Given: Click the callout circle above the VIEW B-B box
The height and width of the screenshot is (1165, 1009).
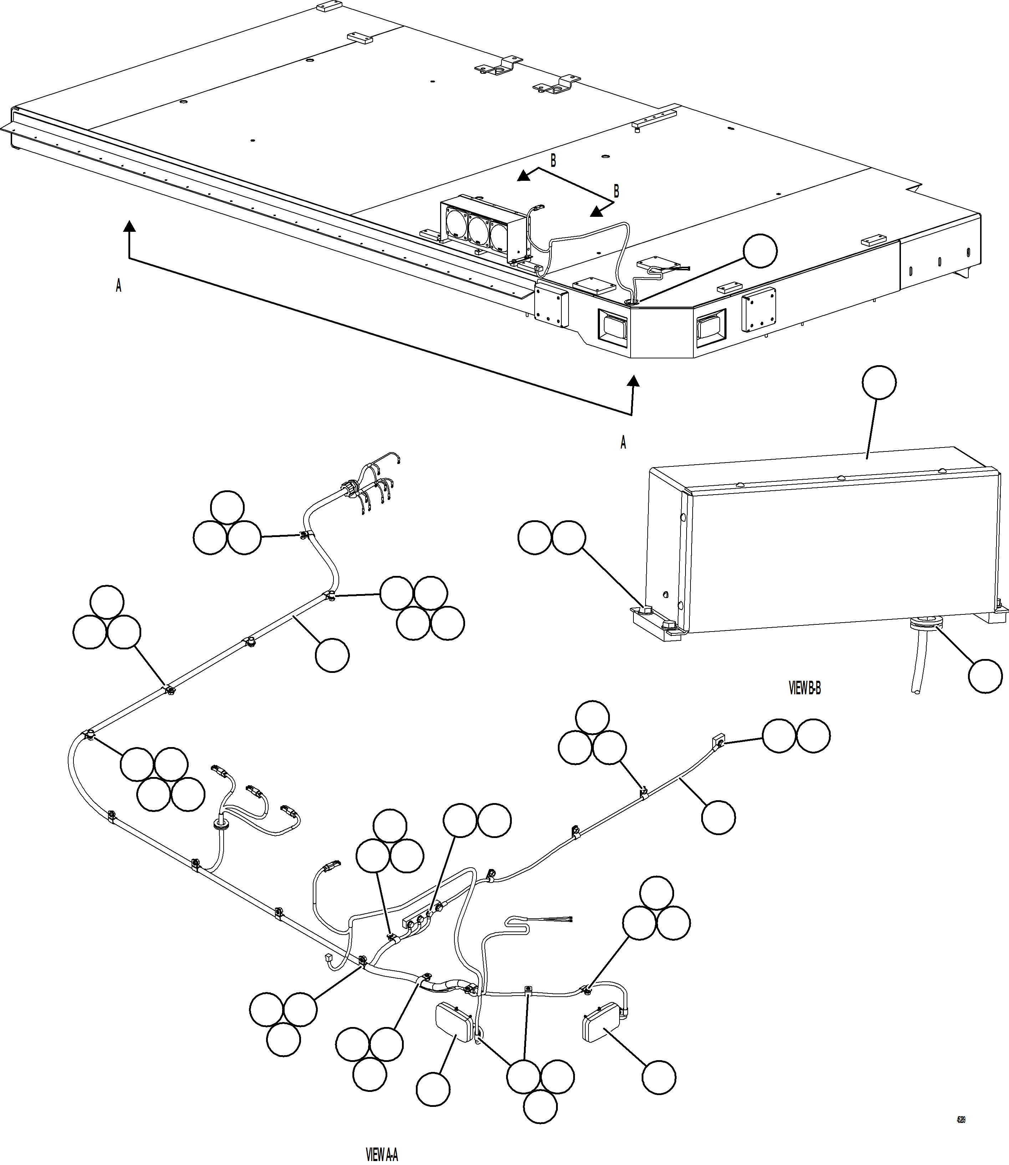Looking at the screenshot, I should [x=879, y=383].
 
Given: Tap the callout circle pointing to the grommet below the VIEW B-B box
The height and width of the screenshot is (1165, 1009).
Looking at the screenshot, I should [x=985, y=676].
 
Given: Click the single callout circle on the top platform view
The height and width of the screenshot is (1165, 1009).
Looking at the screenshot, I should [x=760, y=251].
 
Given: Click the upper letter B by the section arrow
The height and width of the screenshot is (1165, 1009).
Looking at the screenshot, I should [x=553, y=161].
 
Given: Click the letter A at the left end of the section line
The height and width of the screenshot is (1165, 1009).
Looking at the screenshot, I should [x=118, y=286].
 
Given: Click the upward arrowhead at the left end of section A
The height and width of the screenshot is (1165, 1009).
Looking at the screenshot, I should [x=129, y=226].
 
